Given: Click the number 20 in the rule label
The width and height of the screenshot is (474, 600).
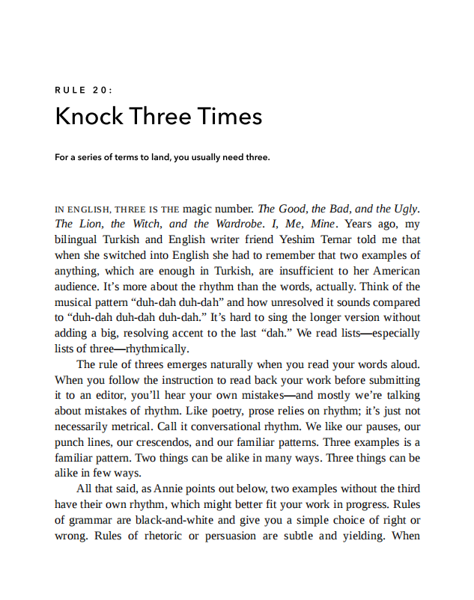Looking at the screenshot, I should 103,91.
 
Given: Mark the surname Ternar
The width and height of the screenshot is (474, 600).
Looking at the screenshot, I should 337,240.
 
